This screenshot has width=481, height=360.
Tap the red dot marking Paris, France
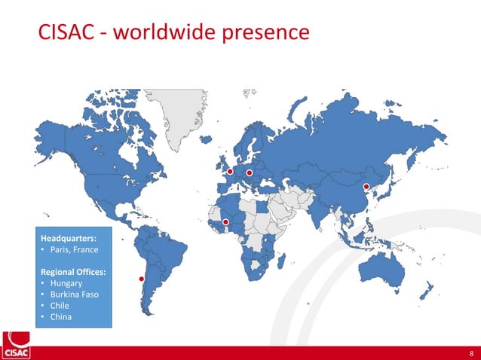[x=230, y=171]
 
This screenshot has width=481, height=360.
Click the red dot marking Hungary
[x=249, y=172]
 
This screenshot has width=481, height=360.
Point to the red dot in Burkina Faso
[x=225, y=221]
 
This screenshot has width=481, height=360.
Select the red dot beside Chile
[x=141, y=279]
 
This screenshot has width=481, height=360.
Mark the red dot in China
[x=366, y=186]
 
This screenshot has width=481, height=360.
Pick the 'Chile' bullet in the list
[x=60, y=306]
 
